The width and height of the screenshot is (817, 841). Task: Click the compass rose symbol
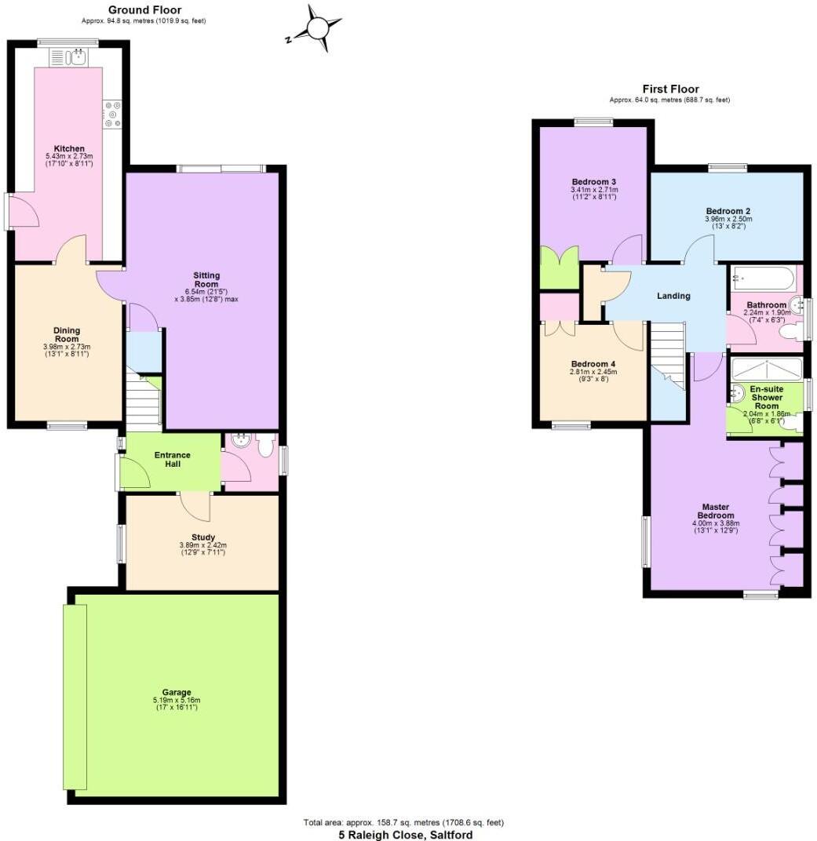pyautogui.click(x=318, y=29)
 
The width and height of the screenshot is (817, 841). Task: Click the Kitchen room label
pyautogui.click(x=69, y=149)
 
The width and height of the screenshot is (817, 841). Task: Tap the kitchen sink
pyautogui.click(x=78, y=56)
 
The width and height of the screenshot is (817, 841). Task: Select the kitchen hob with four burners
pyautogui.click(x=112, y=115)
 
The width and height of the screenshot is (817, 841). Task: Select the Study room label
pyautogui.click(x=203, y=537)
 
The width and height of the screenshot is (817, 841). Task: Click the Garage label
pyautogui.click(x=177, y=692)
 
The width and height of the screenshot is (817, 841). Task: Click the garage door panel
pyautogui.click(x=75, y=697)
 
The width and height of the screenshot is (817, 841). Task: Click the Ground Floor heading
pyautogui.click(x=144, y=9)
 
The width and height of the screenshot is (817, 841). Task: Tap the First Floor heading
pyautogui.click(x=670, y=89)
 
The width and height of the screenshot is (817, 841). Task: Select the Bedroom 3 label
pyautogui.click(x=593, y=182)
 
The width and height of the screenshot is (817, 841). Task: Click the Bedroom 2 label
pyautogui.click(x=728, y=211)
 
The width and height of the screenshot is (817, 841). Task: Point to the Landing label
pyautogui.click(x=673, y=296)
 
